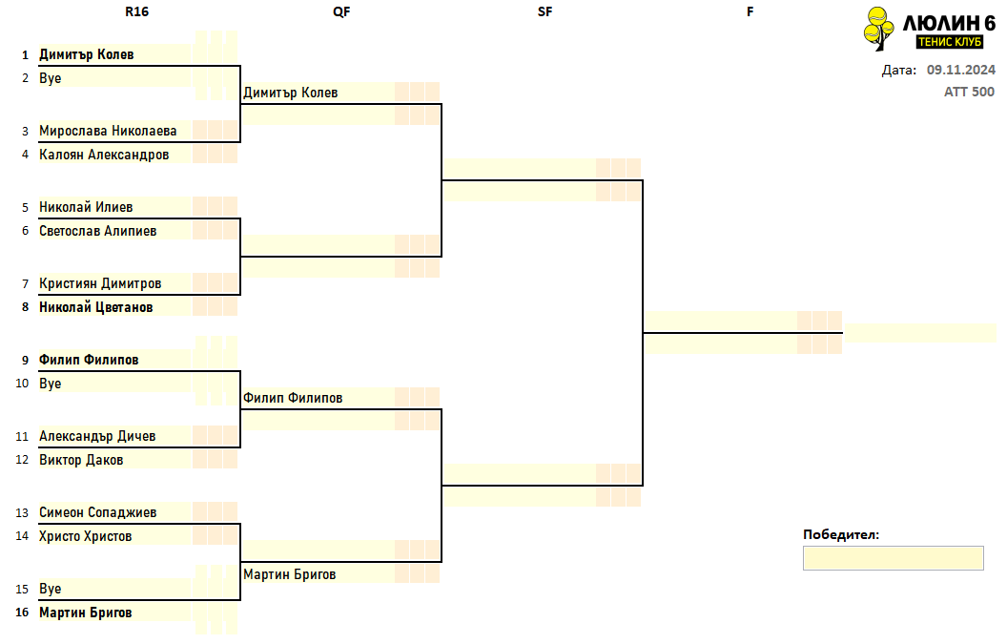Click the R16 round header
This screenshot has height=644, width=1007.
click(136, 11)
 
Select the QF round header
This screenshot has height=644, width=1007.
click(341, 11)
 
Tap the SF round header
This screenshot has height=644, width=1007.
click(545, 11)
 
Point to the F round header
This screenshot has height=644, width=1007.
click(750, 11)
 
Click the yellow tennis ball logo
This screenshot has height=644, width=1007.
click(878, 29)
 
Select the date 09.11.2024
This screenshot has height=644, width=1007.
click(961, 70)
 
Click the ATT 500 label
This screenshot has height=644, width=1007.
click(969, 92)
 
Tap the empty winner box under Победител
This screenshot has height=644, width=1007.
click(893, 558)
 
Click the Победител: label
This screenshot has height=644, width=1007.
click(841, 534)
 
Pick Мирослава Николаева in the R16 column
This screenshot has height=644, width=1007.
click(108, 131)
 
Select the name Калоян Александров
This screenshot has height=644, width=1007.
click(104, 155)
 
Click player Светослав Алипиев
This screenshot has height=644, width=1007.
click(97, 231)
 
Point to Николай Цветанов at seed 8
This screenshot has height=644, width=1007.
click(95, 307)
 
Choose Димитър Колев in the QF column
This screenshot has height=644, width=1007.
click(290, 93)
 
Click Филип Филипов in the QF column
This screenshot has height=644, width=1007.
click(293, 398)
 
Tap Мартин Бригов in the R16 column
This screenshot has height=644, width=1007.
click(86, 613)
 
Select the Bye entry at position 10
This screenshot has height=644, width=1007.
click(51, 384)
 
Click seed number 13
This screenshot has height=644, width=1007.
click(22, 513)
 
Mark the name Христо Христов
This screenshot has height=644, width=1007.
click(86, 536)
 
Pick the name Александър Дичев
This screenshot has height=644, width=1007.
click(97, 436)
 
